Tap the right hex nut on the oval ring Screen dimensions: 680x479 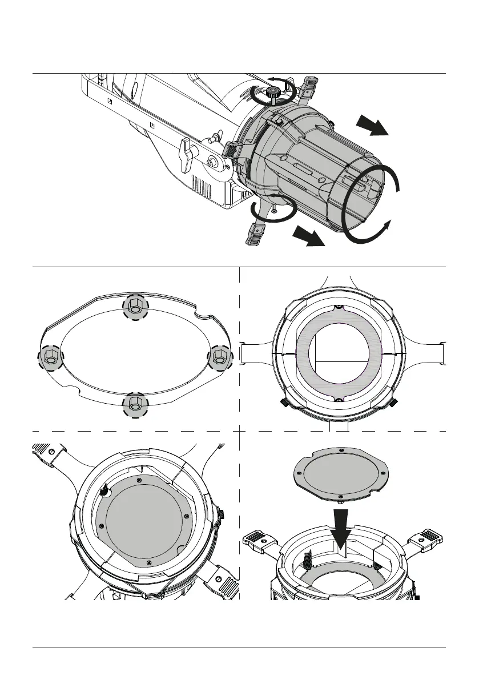click(x=219, y=357)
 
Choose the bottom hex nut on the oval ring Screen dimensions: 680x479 click(x=135, y=404)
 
